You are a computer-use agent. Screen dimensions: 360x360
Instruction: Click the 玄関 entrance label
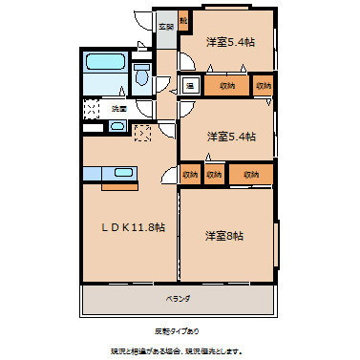tap(166, 27)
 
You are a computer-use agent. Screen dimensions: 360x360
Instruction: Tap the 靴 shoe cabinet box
tap(183, 20)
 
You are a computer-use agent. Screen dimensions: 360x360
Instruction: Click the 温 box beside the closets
tap(190, 85)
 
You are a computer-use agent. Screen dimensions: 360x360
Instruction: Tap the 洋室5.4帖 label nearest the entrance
tap(230, 41)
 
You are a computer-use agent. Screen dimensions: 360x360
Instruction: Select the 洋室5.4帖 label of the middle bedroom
tap(230, 136)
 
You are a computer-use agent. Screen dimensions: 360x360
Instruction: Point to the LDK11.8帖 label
tap(128, 227)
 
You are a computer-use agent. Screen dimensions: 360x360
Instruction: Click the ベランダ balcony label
tap(178, 299)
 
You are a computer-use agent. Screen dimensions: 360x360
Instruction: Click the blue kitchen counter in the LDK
tap(109, 173)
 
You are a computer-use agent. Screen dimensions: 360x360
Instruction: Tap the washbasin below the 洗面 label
tap(92, 125)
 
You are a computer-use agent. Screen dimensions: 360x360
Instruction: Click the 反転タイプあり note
tap(177, 330)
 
